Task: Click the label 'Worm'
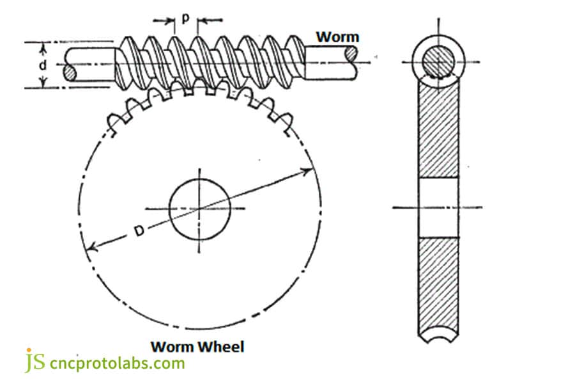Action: click(337, 36)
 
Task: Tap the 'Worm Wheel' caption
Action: click(197, 347)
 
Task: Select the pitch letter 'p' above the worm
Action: click(185, 18)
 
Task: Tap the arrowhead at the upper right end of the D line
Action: click(310, 170)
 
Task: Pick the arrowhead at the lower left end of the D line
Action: click(90, 248)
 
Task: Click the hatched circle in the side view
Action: click(439, 62)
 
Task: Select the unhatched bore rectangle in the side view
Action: click(438, 207)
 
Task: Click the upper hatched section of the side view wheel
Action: click(438, 128)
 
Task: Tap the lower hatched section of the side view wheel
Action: click(438, 282)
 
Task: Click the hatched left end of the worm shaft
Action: click(70, 72)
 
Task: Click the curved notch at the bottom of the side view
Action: click(438, 334)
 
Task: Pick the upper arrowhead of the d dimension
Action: click(43, 47)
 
